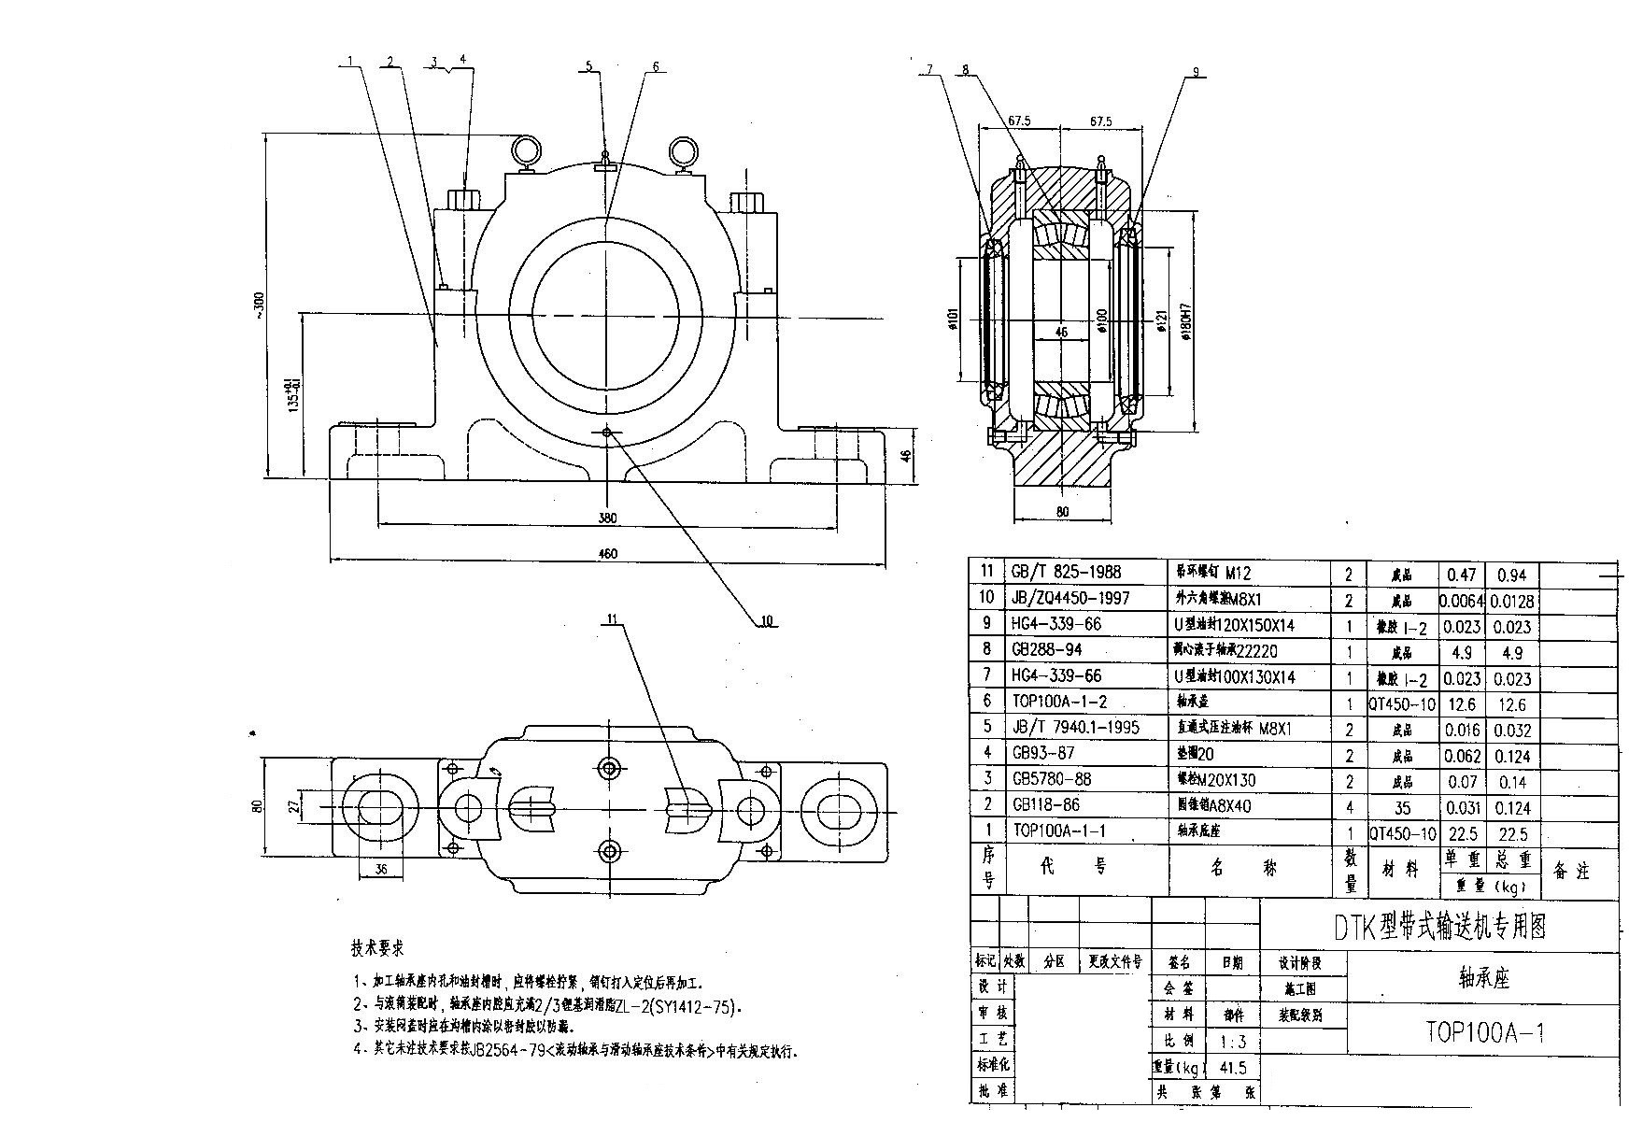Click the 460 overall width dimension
(607, 554)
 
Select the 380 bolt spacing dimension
(607, 518)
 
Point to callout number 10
(768, 620)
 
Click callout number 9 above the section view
(1196, 71)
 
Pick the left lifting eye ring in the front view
(526, 149)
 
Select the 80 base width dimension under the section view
(1062, 512)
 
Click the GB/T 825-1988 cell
(1066, 573)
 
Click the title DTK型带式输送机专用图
(1439, 926)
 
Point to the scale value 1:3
(1232, 1042)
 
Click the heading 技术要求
(377, 948)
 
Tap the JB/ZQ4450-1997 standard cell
(1070, 598)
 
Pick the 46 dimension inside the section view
(1060, 332)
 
